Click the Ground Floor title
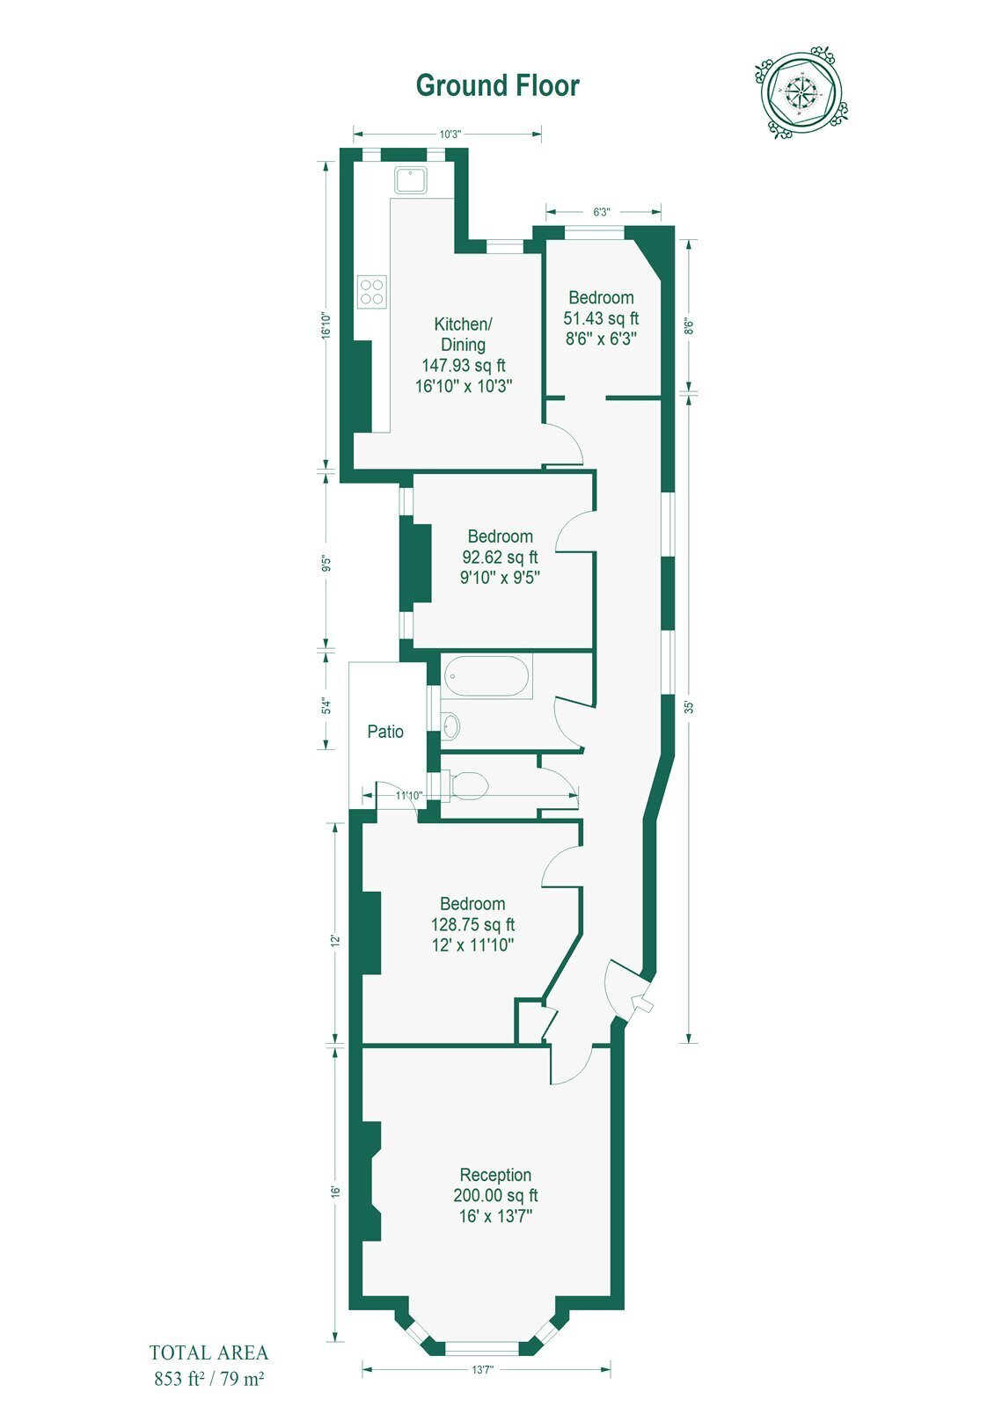(497, 86)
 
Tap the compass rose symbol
(801, 92)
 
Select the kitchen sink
(411, 180)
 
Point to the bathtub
(487, 676)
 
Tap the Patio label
(385, 731)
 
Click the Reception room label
(495, 1175)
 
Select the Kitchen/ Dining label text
(464, 334)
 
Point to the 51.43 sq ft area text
(601, 318)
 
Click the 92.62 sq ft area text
(501, 558)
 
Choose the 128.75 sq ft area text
(472, 924)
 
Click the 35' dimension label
(689, 707)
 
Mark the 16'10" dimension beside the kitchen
(326, 326)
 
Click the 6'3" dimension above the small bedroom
(602, 212)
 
